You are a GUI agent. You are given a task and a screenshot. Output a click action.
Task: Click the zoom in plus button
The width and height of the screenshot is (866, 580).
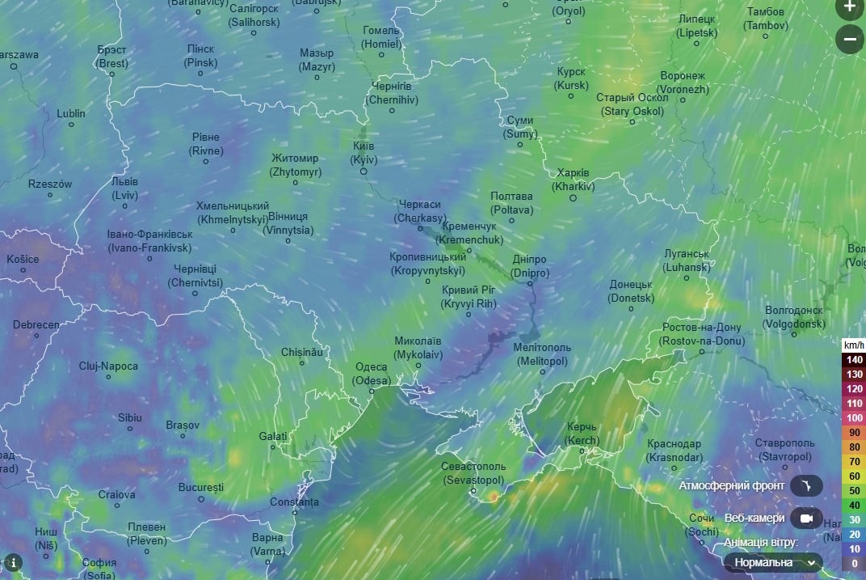849,8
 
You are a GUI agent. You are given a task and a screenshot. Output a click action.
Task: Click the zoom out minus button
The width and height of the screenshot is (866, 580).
849,38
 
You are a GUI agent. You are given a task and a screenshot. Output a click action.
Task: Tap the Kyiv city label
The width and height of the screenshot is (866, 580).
364,153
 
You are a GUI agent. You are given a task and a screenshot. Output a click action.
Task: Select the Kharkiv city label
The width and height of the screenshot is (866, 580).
573,180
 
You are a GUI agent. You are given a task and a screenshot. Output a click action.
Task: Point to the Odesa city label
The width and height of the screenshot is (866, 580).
372,373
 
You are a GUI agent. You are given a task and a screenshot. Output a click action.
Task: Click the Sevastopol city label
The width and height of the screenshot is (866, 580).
473,473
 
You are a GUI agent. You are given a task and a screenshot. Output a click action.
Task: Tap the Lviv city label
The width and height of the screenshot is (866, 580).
124,188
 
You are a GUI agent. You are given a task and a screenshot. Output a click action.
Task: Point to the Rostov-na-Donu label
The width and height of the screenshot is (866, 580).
700,334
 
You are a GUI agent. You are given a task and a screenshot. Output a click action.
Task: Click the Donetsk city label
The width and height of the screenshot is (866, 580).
631,291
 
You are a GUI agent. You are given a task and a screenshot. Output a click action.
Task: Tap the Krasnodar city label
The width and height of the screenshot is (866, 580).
674,451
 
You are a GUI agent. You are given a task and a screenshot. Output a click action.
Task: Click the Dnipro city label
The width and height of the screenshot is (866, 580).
529,266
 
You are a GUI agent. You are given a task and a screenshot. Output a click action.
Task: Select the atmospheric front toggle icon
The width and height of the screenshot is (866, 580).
805,485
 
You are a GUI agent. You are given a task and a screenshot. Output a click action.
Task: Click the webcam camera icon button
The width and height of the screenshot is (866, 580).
805,518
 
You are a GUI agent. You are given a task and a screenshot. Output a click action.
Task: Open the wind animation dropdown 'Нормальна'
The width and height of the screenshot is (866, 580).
773,562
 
